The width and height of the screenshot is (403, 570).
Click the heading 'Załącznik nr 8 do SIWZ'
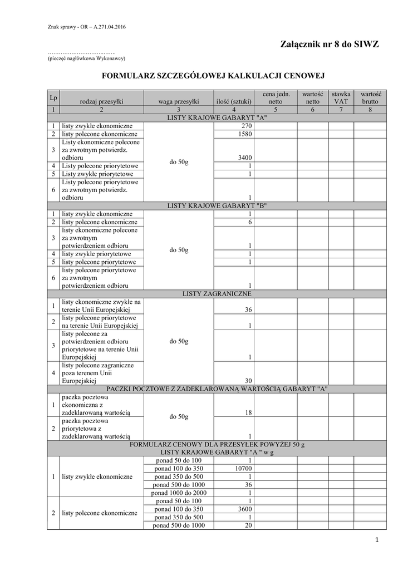(331, 45)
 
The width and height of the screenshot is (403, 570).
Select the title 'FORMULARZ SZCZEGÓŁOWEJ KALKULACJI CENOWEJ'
(212, 75)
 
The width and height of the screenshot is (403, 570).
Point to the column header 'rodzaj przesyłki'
(101, 101)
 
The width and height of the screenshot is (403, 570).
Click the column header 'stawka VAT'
(341, 97)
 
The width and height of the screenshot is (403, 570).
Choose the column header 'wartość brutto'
(370, 97)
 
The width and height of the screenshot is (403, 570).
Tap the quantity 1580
(245, 134)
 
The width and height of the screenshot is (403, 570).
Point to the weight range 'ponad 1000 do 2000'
(179, 493)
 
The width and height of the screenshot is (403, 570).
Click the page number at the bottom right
(377, 540)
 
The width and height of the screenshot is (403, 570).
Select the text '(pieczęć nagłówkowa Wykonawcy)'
(86, 58)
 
